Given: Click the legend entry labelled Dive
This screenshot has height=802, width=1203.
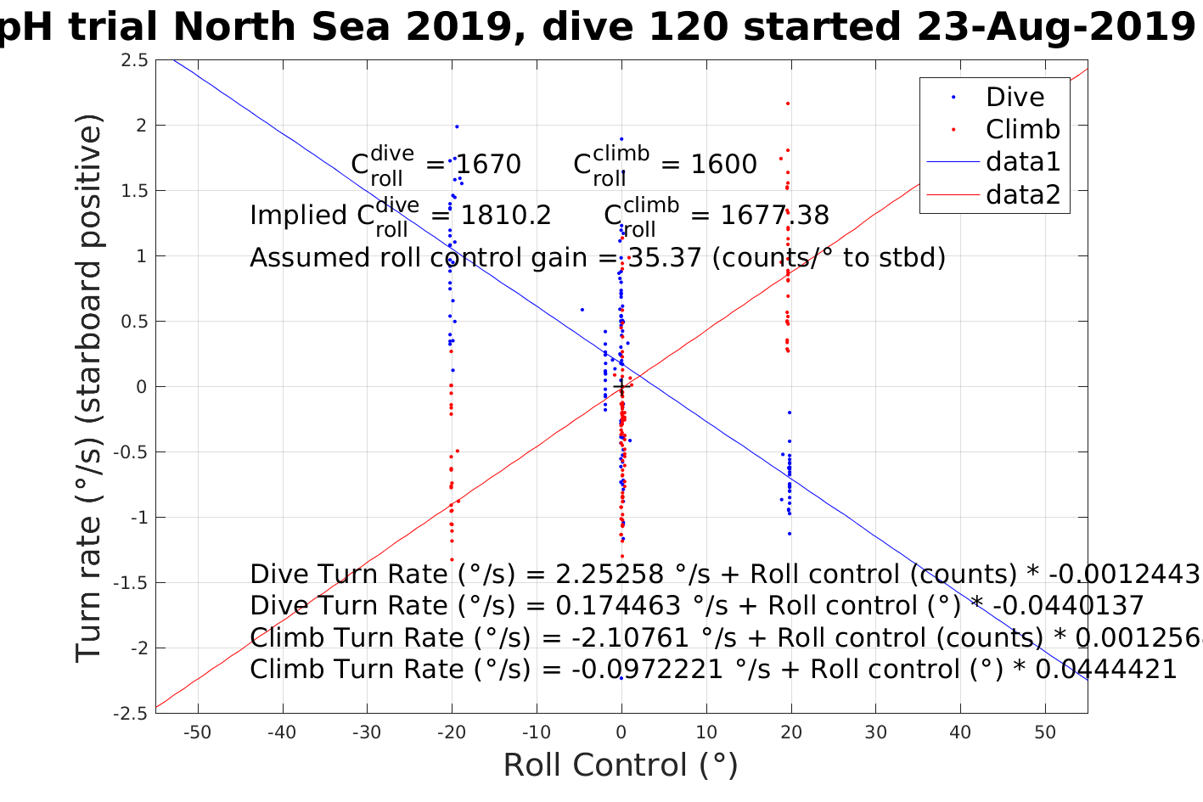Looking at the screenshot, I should (x=1015, y=97).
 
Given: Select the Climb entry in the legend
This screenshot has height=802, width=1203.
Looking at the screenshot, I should (x=1022, y=129).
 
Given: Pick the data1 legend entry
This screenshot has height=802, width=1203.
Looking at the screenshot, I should (x=1022, y=161).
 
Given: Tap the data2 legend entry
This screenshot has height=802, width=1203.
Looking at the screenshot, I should (x=1022, y=194).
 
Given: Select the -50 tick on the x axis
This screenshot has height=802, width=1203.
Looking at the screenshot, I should (x=197, y=732).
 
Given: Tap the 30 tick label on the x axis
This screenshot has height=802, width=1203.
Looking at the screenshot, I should (x=875, y=732).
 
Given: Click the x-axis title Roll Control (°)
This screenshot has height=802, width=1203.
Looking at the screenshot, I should (x=621, y=765).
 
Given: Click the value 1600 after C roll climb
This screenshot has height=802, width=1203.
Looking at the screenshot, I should (x=722, y=164).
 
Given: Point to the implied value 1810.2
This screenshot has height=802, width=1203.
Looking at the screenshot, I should (x=506, y=216).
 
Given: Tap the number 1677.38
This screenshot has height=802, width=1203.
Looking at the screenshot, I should (x=774, y=216).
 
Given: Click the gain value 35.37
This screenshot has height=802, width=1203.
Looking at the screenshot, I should (x=665, y=257).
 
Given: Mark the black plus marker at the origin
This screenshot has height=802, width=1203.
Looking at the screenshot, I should (x=621, y=387).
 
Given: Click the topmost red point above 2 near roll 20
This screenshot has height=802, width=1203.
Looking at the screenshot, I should (x=788, y=104).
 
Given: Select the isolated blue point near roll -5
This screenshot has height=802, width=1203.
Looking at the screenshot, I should (x=582, y=310).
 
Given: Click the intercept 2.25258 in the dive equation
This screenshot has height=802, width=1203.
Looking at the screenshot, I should (x=609, y=575).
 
